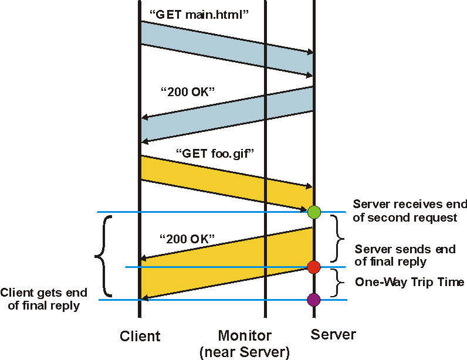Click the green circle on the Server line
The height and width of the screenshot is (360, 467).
click(314, 211)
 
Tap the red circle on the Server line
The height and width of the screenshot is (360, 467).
click(314, 267)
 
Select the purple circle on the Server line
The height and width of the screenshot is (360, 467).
click(314, 300)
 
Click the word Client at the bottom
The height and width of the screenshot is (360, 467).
click(140, 336)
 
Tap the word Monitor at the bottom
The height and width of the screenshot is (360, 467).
click(245, 336)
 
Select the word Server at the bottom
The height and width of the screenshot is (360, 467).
click(333, 335)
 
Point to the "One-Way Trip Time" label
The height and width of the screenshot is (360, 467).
click(410, 283)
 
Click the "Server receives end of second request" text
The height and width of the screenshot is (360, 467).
click(410, 211)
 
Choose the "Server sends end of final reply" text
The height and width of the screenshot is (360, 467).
click(405, 256)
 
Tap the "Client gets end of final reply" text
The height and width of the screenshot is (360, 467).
click(43, 299)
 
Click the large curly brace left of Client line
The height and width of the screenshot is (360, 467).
click(102, 256)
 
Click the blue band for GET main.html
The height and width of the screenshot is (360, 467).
click(226, 49)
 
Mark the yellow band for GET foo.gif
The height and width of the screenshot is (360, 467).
click(226, 182)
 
